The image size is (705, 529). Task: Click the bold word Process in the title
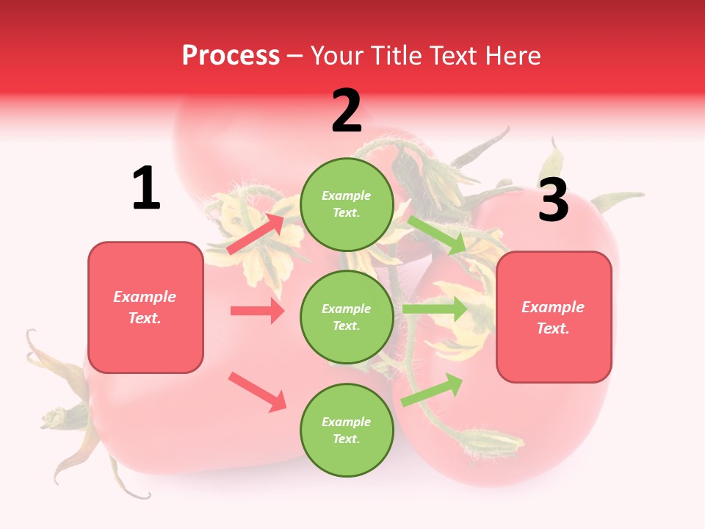click(x=231, y=55)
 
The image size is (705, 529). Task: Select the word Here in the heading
click(x=512, y=55)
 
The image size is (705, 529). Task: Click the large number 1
click(x=146, y=188)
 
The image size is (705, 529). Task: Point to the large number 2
click(x=347, y=111)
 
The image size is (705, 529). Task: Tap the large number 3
click(x=553, y=200)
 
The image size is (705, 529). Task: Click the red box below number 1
click(x=145, y=307)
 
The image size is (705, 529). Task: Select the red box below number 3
click(x=554, y=317)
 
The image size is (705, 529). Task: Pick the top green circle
click(x=347, y=204)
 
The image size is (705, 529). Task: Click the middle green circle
click(x=347, y=317)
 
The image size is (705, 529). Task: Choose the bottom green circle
click(x=347, y=430)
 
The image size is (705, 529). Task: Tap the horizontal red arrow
click(x=257, y=311)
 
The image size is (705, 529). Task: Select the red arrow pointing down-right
click(x=257, y=391)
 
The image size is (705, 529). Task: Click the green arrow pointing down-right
click(x=437, y=235)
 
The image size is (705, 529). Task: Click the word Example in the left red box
click(x=145, y=297)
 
